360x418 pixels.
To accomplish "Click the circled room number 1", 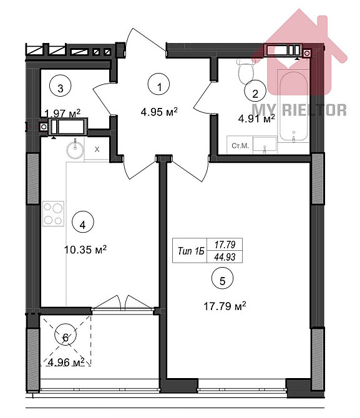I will click(160, 87).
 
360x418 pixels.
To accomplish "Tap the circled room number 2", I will click(255, 94).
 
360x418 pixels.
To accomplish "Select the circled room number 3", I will click(60, 87).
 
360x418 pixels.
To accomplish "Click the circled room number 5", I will click(223, 281).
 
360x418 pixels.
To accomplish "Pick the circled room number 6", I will click(67, 337).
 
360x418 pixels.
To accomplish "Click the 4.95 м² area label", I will click(160, 112).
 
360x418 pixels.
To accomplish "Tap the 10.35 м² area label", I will click(85, 249).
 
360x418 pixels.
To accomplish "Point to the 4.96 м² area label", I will click(66, 361).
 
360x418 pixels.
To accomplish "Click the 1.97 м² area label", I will click(62, 113).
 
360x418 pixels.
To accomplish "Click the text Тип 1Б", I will click(192, 251).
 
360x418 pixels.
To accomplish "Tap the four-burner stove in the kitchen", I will click(53, 213).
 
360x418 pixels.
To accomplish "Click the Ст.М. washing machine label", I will click(241, 145).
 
